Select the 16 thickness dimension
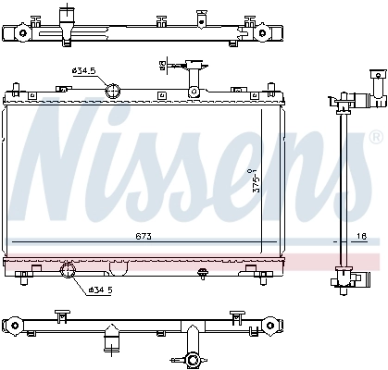[362, 238]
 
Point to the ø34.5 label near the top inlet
[82, 71]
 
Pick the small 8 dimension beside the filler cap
[163, 64]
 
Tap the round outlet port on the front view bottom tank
[68, 271]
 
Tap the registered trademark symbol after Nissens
[374, 138]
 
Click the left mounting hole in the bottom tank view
[13, 324]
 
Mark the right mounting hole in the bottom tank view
[273, 324]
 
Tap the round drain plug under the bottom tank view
[193, 360]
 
